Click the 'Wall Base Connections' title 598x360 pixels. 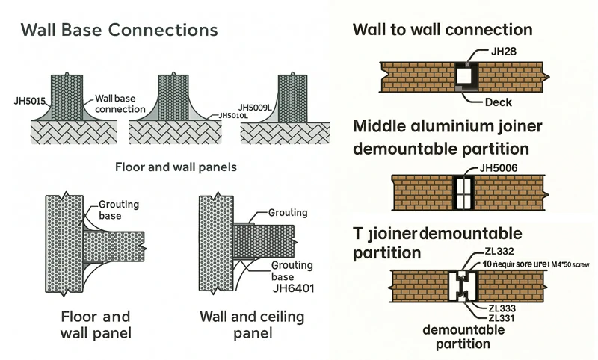pos(120,31)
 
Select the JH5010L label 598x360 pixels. pos(233,116)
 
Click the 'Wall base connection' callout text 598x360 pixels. pos(120,104)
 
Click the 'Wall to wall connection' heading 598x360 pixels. pos(443,30)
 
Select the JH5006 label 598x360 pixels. pos(500,167)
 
